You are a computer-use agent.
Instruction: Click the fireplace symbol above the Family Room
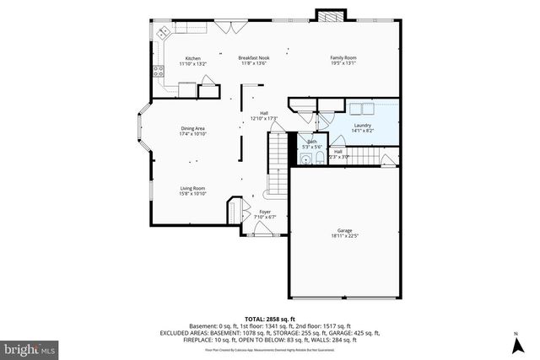pyautogui.click(x=328, y=15)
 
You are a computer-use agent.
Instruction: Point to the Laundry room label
pyautogui.click(x=362, y=126)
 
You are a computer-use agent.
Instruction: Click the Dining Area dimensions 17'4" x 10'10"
pyautogui.click(x=193, y=134)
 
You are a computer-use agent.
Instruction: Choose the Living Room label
pyautogui.click(x=193, y=189)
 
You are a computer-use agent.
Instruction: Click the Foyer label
pyautogui.click(x=265, y=212)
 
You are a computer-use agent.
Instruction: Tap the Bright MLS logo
pyautogui.click(x=30, y=347)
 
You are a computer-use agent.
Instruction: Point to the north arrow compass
pyautogui.click(x=515, y=344)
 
